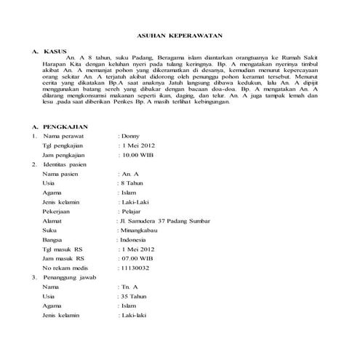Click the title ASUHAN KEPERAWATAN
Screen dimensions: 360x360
180,36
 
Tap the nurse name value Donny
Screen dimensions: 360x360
130,136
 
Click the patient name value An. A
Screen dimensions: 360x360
131,174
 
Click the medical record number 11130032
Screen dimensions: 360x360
136,268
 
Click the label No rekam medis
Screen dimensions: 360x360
69,268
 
